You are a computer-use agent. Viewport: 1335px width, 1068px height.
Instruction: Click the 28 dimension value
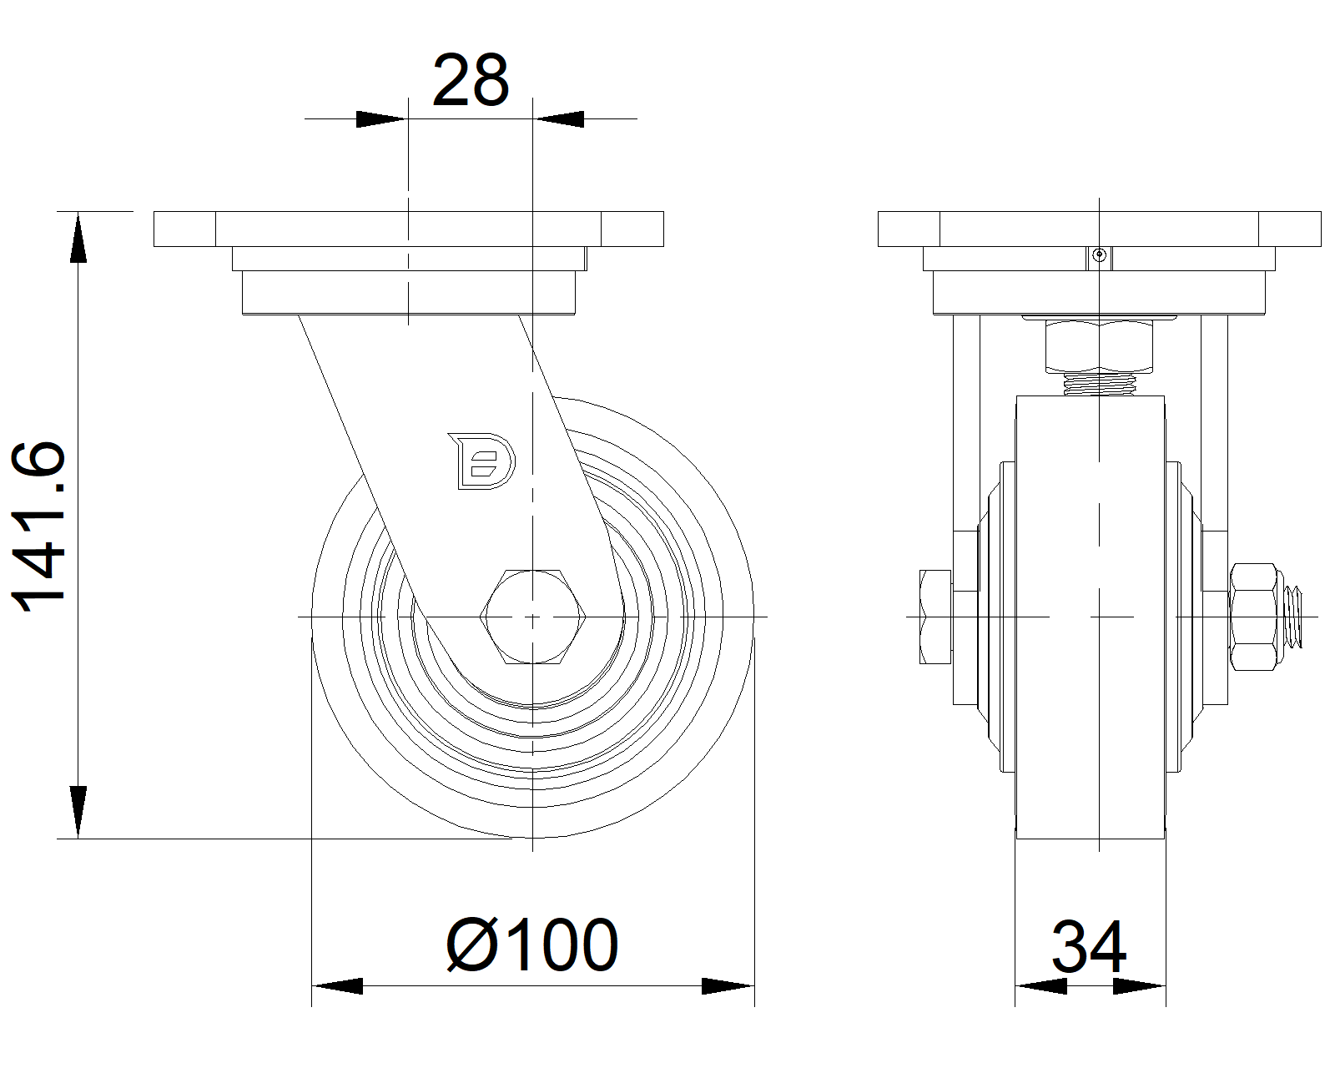pos(470,82)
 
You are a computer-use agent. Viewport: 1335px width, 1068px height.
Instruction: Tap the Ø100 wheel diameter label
pos(532,945)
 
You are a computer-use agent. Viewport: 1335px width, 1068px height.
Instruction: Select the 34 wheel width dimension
pos(1089,948)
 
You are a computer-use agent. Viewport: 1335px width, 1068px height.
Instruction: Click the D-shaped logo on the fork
pos(482,460)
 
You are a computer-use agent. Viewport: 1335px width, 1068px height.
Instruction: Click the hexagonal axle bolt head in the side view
pos(533,617)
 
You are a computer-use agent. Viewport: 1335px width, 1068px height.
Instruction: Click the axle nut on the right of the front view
pos(1255,617)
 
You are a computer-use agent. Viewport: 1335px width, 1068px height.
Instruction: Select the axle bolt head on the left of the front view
pos(934,617)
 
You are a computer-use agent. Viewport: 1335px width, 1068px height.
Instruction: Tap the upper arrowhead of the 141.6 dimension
pos(78,239)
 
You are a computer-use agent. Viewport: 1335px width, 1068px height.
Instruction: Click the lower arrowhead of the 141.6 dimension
pos(78,812)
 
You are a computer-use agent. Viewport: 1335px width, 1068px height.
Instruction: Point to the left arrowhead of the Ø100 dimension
pos(338,986)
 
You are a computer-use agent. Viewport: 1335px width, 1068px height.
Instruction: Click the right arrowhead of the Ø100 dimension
pos(728,986)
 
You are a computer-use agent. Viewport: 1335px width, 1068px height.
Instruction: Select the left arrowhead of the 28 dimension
pos(380,118)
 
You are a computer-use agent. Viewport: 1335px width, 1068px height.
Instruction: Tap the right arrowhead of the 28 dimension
pos(559,118)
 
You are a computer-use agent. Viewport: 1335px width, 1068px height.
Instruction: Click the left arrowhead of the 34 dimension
pos(1041,987)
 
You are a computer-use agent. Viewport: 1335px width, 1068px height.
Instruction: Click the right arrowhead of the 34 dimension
pos(1139,987)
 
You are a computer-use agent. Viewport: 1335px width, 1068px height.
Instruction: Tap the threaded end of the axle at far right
pos(1295,617)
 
